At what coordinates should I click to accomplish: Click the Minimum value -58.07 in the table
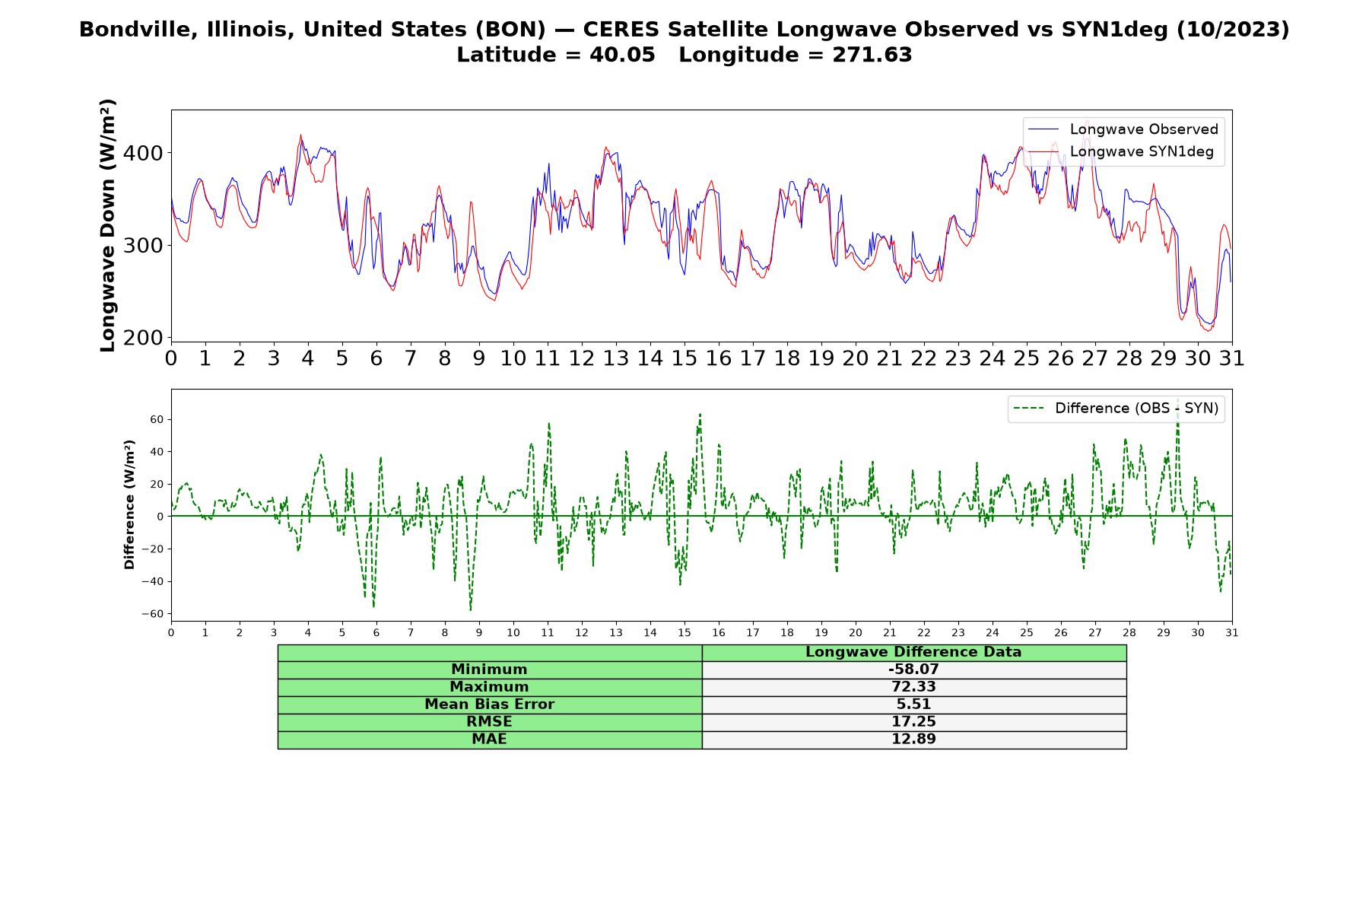pyautogui.click(x=913, y=670)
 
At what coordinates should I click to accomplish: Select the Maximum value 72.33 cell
pyautogui.click(x=913, y=687)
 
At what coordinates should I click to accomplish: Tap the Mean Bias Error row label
pyautogui.click(x=489, y=705)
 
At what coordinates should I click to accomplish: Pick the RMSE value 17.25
pyautogui.click(x=913, y=722)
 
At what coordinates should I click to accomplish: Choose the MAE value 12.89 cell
pyautogui.click(x=913, y=740)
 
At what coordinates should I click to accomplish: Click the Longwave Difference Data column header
pyautogui.click(x=913, y=652)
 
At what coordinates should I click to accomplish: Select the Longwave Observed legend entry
pyautogui.click(x=1123, y=129)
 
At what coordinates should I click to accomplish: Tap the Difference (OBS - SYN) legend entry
pyautogui.click(x=1116, y=409)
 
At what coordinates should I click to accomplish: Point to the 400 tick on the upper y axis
pyautogui.click(x=144, y=153)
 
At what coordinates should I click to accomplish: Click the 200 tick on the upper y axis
pyautogui.click(x=144, y=337)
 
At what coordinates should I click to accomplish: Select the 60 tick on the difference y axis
pyautogui.click(x=157, y=419)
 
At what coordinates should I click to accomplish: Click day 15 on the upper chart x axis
pyautogui.click(x=684, y=358)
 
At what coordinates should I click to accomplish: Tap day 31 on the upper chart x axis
pyautogui.click(x=1232, y=358)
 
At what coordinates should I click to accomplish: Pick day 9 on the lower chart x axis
pyautogui.click(x=479, y=632)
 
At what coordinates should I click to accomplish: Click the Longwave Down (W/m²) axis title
pyautogui.click(x=108, y=225)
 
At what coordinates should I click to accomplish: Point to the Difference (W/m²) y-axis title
pyautogui.click(x=129, y=504)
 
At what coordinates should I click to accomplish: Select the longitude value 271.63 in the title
pyautogui.click(x=875, y=55)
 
